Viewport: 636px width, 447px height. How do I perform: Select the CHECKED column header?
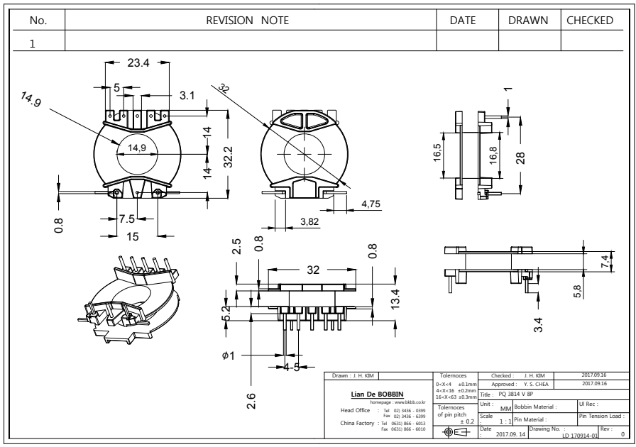pos(589,21)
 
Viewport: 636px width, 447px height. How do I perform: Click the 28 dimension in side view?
pos(522,157)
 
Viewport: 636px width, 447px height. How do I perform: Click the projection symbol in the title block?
pos(451,431)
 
